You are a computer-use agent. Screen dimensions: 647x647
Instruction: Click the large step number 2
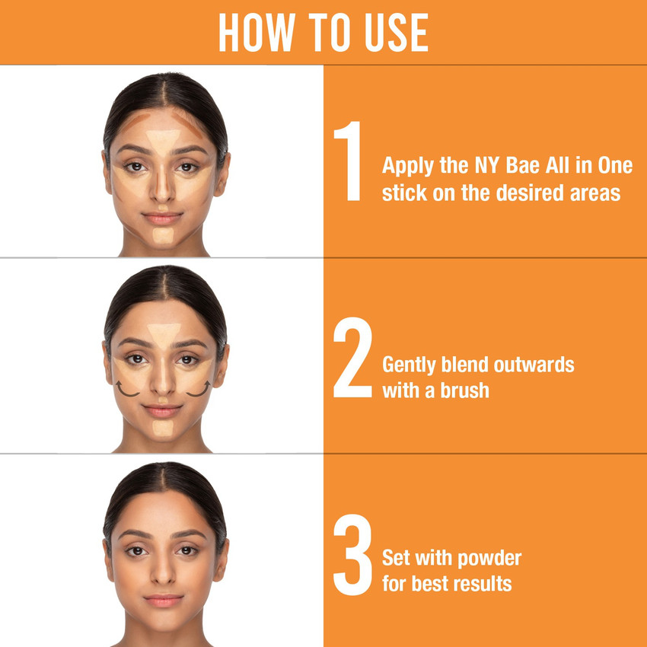352,358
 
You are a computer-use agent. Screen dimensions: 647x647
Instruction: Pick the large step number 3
352,556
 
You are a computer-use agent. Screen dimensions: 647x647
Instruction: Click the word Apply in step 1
408,167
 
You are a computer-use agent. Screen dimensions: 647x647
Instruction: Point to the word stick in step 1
401,193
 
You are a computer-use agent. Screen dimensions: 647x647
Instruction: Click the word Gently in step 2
410,365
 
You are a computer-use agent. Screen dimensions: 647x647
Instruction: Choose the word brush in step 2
465,390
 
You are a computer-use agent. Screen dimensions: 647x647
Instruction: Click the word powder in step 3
490,558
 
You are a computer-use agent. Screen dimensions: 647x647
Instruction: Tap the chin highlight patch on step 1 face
163,235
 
